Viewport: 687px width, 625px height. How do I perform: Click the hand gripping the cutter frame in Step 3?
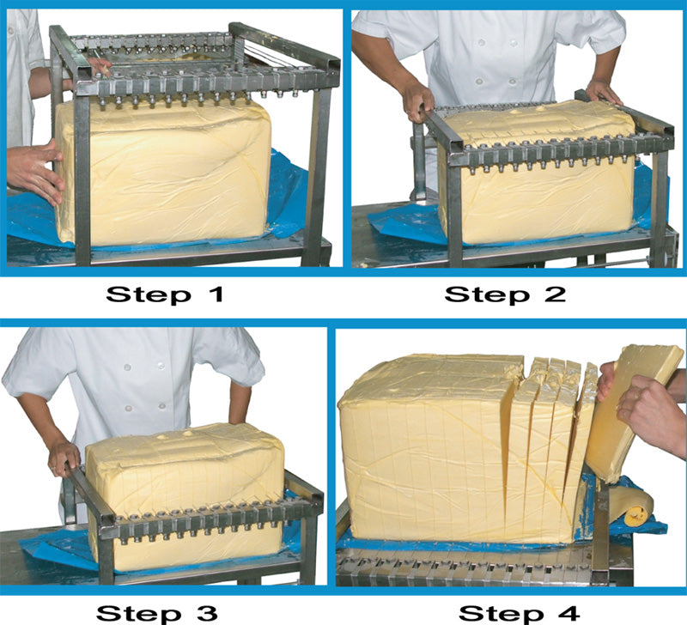(63, 458)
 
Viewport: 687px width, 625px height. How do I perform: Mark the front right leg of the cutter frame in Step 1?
(319, 172)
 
